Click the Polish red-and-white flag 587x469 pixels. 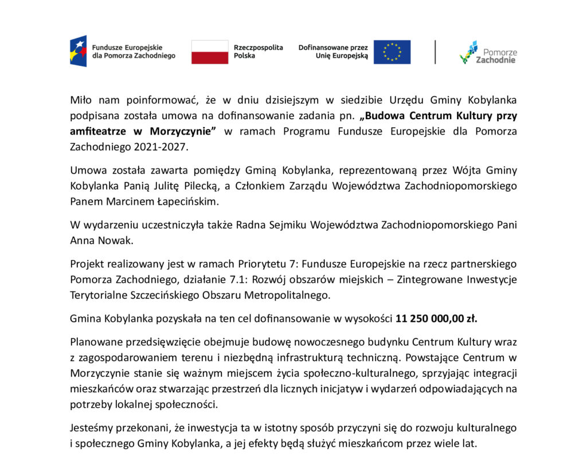(x=209, y=52)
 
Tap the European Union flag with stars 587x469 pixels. (x=392, y=52)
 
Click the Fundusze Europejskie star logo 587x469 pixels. (x=78, y=51)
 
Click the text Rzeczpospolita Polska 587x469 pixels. (x=258, y=52)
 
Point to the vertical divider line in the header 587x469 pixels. (x=435, y=52)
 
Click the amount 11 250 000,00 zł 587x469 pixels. (x=436, y=318)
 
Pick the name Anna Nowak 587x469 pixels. (x=101, y=241)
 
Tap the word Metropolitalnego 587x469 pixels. (x=291, y=295)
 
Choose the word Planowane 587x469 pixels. (x=93, y=342)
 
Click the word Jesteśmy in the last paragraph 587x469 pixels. (x=91, y=428)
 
